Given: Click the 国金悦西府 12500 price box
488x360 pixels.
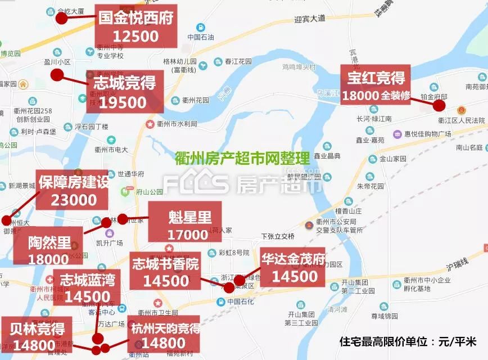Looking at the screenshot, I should [135, 26].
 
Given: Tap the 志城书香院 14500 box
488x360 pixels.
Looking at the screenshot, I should [165, 272].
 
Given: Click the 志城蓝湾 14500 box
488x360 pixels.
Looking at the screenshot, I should [87, 287].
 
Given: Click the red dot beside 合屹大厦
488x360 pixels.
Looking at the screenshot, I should [61, 18].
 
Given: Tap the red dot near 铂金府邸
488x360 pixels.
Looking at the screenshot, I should [440, 105].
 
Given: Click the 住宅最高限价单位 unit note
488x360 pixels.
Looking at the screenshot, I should [408, 342].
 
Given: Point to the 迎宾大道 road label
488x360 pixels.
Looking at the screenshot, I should [310, 19].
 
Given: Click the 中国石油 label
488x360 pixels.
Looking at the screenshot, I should [201, 37].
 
